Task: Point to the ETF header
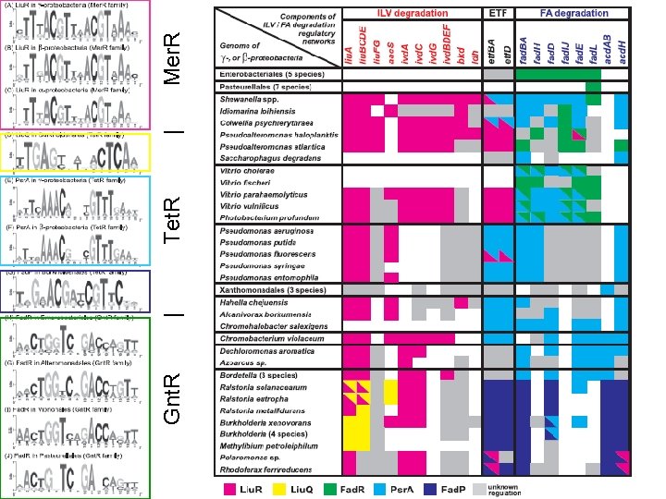coord(498,14)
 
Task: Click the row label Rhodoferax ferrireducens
coord(264,469)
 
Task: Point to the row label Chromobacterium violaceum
coord(270,339)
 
